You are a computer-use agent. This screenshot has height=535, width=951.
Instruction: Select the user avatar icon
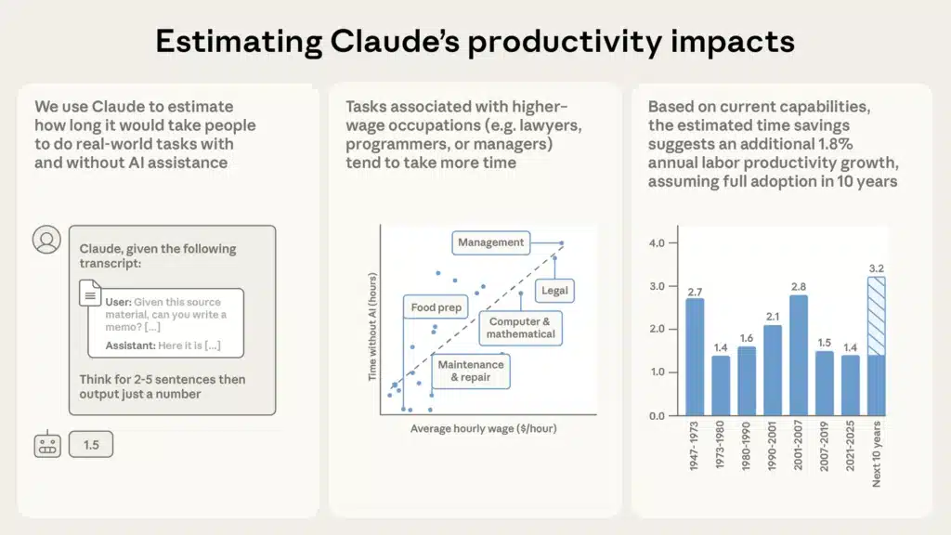click(x=46, y=240)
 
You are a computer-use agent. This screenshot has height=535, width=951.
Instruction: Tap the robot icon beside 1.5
click(x=47, y=445)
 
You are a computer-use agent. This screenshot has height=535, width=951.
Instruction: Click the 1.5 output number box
click(x=91, y=445)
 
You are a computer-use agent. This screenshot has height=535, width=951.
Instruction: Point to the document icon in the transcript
click(x=90, y=296)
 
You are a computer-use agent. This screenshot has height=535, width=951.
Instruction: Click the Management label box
click(x=491, y=242)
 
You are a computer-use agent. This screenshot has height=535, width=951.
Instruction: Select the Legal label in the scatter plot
click(x=554, y=291)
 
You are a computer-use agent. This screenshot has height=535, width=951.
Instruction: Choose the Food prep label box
click(x=436, y=307)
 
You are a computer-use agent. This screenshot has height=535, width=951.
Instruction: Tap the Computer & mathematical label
click(x=520, y=328)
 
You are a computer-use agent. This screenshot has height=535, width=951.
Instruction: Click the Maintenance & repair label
click(x=470, y=371)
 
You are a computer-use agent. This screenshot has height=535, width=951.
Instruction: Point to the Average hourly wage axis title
click(x=483, y=428)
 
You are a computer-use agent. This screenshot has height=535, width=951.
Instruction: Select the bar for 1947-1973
click(x=695, y=357)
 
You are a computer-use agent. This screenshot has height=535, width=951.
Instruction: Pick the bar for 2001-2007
click(x=798, y=355)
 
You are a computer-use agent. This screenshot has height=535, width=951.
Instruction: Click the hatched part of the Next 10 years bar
click(x=875, y=316)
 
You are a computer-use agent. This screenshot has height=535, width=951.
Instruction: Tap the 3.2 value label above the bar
click(x=875, y=268)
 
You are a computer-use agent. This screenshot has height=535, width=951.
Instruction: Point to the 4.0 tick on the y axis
click(x=657, y=243)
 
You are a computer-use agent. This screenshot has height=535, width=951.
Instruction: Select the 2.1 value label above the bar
click(x=772, y=317)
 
